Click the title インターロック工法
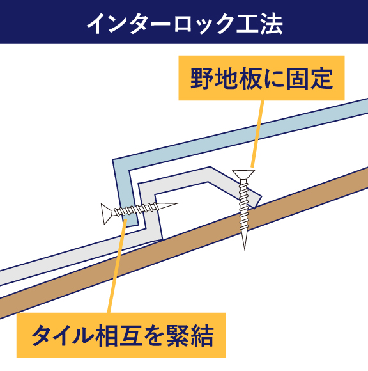[x=185, y=24]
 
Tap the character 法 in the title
[x=271, y=24]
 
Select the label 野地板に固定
[x=261, y=78]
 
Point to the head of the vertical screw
[x=243, y=175]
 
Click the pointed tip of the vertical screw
[x=245, y=249]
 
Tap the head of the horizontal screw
[x=105, y=214]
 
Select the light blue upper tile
[x=236, y=142]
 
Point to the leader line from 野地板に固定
[x=257, y=134]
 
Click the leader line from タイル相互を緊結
[x=117, y=266]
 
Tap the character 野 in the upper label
[x=201, y=78]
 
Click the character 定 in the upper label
[x=322, y=78]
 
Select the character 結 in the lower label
[x=203, y=335]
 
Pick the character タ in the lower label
[x=43, y=335]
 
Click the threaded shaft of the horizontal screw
[x=135, y=209]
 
